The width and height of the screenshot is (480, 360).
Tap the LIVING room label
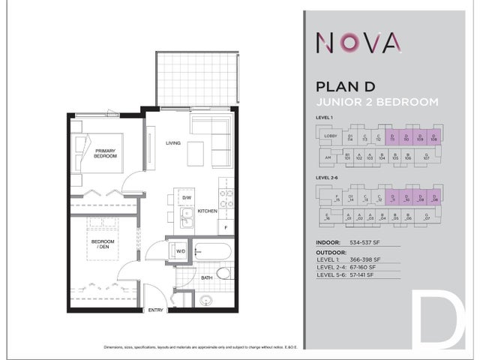pos(173,142)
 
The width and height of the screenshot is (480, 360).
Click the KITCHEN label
pos(207,211)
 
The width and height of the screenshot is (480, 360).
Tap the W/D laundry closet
pos(180,250)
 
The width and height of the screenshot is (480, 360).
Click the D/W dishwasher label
pos(187,198)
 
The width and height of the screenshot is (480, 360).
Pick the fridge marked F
pos(226,226)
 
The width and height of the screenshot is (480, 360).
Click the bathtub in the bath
pos(213,251)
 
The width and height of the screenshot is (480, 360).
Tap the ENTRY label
pos(156,310)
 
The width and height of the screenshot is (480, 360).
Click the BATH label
pos(206,277)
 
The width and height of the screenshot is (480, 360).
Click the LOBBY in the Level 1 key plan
pos(331,136)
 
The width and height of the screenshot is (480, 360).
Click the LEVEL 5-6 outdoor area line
pos(357,274)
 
